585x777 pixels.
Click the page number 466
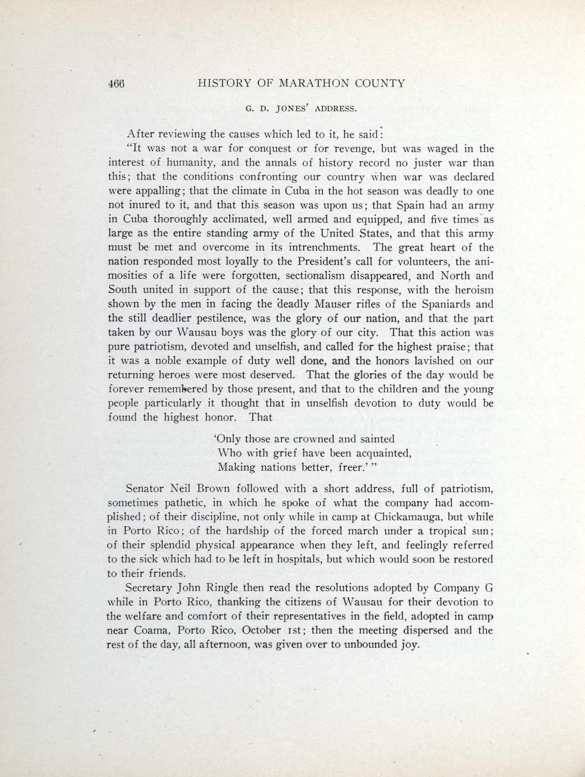point(116,84)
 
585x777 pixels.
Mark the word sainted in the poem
point(377,439)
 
